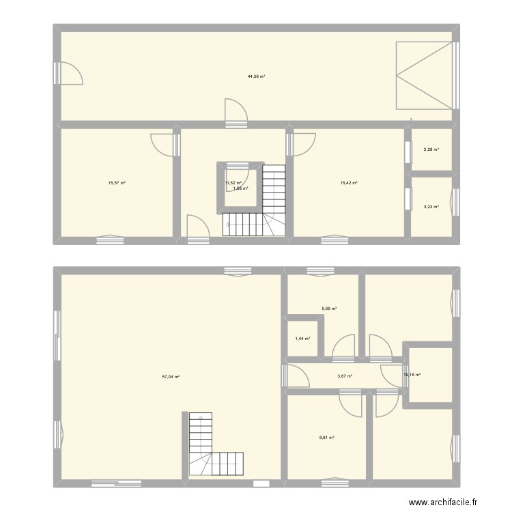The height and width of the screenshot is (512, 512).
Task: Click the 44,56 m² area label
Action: click(x=256, y=76)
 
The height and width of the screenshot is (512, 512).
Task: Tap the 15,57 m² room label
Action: click(x=117, y=182)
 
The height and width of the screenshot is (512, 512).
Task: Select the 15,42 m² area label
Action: click(x=349, y=182)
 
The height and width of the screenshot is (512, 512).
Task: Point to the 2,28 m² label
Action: click(x=431, y=150)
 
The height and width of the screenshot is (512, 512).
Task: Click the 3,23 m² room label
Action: click(x=431, y=207)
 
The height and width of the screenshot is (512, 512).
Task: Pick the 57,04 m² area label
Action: click(x=171, y=377)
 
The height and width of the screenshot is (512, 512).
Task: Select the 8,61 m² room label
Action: click(x=328, y=438)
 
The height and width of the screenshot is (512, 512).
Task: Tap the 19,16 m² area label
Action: click(x=413, y=374)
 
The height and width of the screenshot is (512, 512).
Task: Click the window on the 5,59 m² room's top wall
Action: click(x=317, y=271)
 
